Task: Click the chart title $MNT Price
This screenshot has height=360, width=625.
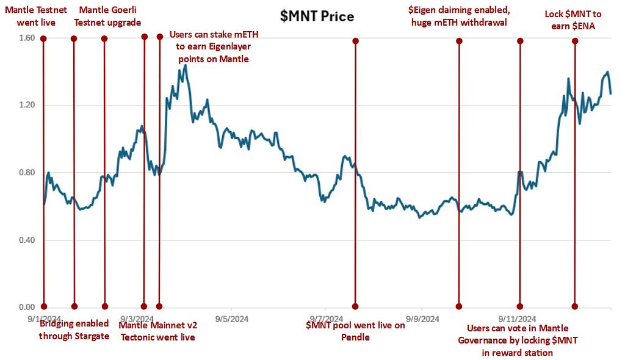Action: tap(317, 16)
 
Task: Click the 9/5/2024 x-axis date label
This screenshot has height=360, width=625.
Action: tap(231, 319)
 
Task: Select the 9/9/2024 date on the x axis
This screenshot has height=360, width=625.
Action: tap(422, 319)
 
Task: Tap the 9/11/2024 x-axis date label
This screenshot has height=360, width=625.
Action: tap(518, 319)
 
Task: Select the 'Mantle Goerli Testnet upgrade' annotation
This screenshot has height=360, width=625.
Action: tap(111, 16)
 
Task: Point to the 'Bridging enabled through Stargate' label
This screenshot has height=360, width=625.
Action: tap(74, 329)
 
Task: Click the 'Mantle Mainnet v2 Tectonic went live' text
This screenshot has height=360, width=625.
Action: tap(158, 331)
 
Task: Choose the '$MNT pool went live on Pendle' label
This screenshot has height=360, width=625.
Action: tap(355, 331)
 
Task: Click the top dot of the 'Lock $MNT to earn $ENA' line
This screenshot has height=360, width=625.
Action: tap(574, 41)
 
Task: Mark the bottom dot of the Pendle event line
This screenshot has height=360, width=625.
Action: tap(355, 306)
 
